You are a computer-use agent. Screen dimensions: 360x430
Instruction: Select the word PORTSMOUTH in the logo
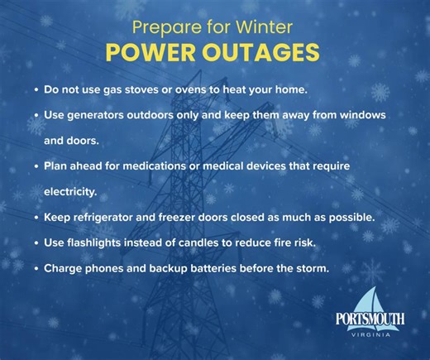tap(370, 319)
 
